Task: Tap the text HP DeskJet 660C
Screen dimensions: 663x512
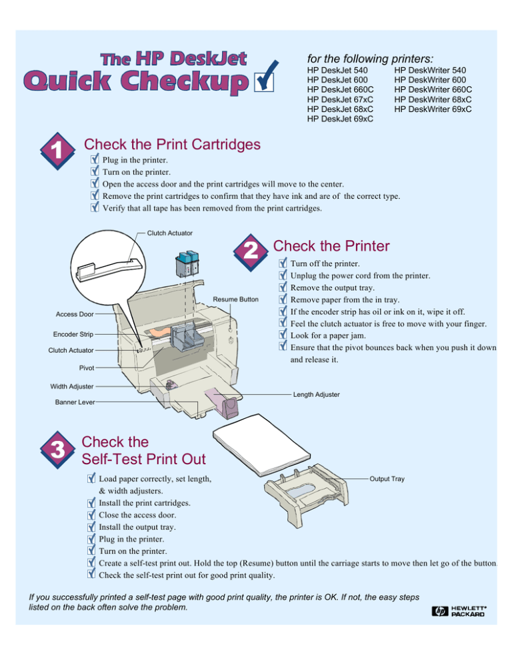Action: [340, 89]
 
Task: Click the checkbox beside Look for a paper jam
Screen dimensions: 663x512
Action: [283, 336]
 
